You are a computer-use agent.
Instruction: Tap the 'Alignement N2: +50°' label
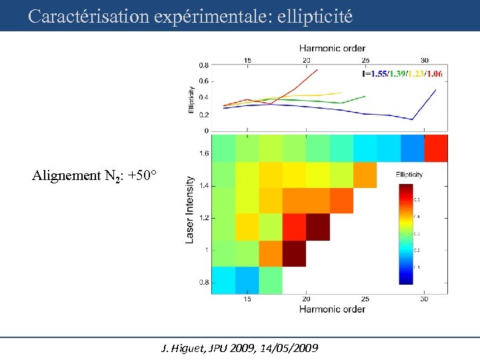[94, 176]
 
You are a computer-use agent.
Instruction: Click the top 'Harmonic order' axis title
[331, 48]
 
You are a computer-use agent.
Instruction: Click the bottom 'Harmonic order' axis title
[331, 309]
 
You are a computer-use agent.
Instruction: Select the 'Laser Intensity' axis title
[190, 209]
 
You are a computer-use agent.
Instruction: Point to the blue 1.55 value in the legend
[377, 73]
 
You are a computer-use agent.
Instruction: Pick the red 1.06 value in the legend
[434, 73]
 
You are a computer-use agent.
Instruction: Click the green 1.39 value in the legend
[397, 73]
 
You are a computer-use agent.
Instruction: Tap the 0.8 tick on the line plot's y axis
[203, 65]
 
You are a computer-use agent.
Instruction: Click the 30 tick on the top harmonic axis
[425, 60]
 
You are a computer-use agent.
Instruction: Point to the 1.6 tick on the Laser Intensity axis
[203, 153]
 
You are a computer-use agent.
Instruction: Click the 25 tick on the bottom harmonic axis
[365, 299]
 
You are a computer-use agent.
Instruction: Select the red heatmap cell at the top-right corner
[435, 148]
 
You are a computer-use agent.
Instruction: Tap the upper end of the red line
[317, 69]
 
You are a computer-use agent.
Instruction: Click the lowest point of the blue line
[413, 119]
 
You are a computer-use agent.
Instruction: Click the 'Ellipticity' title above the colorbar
[409, 175]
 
